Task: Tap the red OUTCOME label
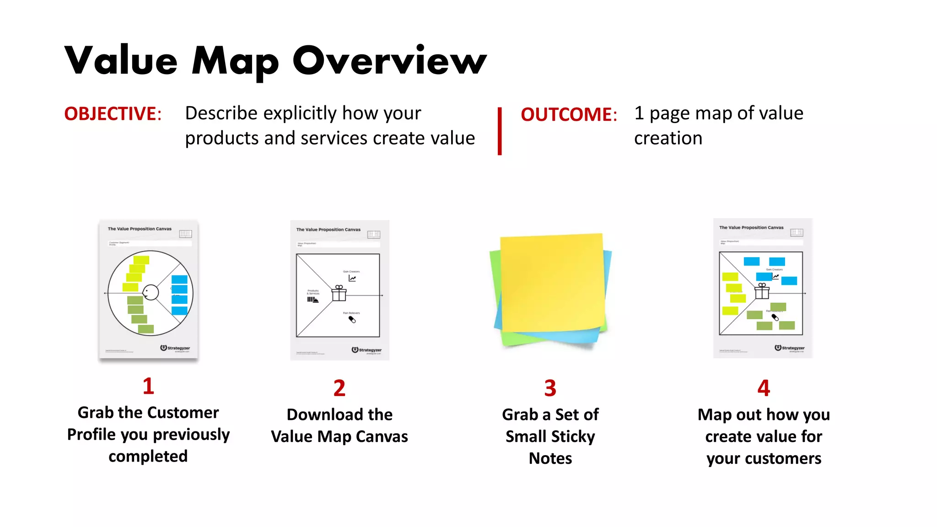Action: pos(568,114)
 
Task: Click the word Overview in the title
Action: pos(389,61)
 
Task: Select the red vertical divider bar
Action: pos(500,131)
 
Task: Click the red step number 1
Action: pos(148,386)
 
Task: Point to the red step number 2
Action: pos(339,388)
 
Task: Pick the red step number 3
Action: pos(550,388)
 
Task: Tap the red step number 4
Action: pos(764,388)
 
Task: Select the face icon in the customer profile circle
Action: pos(150,292)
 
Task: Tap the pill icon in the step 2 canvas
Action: pos(352,319)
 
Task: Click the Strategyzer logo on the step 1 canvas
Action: pos(175,348)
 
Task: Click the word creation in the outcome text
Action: pos(668,138)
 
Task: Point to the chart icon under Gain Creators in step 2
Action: pos(352,278)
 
